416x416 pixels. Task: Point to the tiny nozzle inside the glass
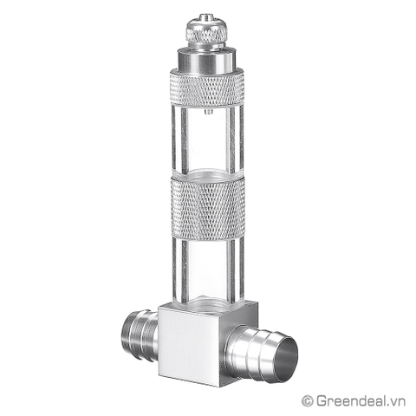point(208,111)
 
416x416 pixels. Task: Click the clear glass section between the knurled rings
point(207,139)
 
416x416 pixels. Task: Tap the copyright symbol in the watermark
point(306,400)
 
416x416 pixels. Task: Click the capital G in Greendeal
point(320,400)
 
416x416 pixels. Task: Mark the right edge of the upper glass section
point(239,139)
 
